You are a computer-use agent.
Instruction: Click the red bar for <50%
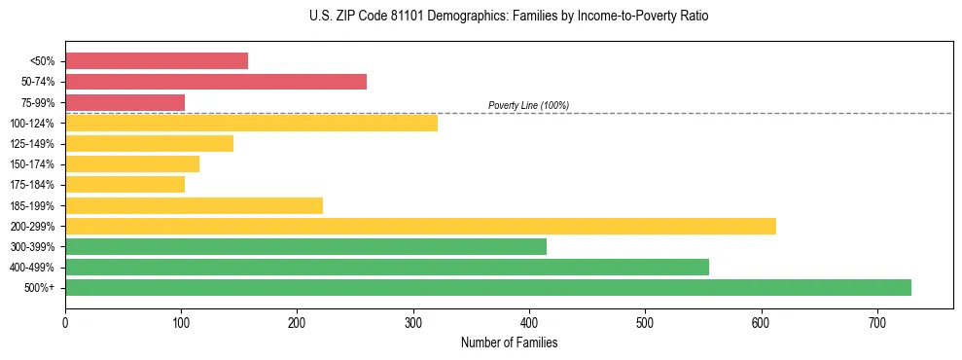tap(157, 61)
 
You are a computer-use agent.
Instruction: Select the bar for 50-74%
tap(216, 82)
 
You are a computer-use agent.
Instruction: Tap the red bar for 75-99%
tap(125, 102)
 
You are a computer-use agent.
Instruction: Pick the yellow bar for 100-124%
tap(251, 123)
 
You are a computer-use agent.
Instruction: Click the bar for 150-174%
tap(132, 163)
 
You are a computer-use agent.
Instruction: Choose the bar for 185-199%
tap(194, 205)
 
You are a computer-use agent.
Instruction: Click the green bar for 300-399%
tap(305, 246)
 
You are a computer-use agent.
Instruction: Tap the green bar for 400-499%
tap(387, 267)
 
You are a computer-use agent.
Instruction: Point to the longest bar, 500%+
tap(488, 287)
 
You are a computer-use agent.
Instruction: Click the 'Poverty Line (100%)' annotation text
tap(528, 105)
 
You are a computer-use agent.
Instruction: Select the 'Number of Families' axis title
tap(509, 342)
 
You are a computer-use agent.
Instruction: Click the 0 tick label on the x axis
tap(65, 322)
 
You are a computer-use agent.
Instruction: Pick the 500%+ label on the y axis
tap(39, 288)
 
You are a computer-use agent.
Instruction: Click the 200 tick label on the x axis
tap(297, 322)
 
